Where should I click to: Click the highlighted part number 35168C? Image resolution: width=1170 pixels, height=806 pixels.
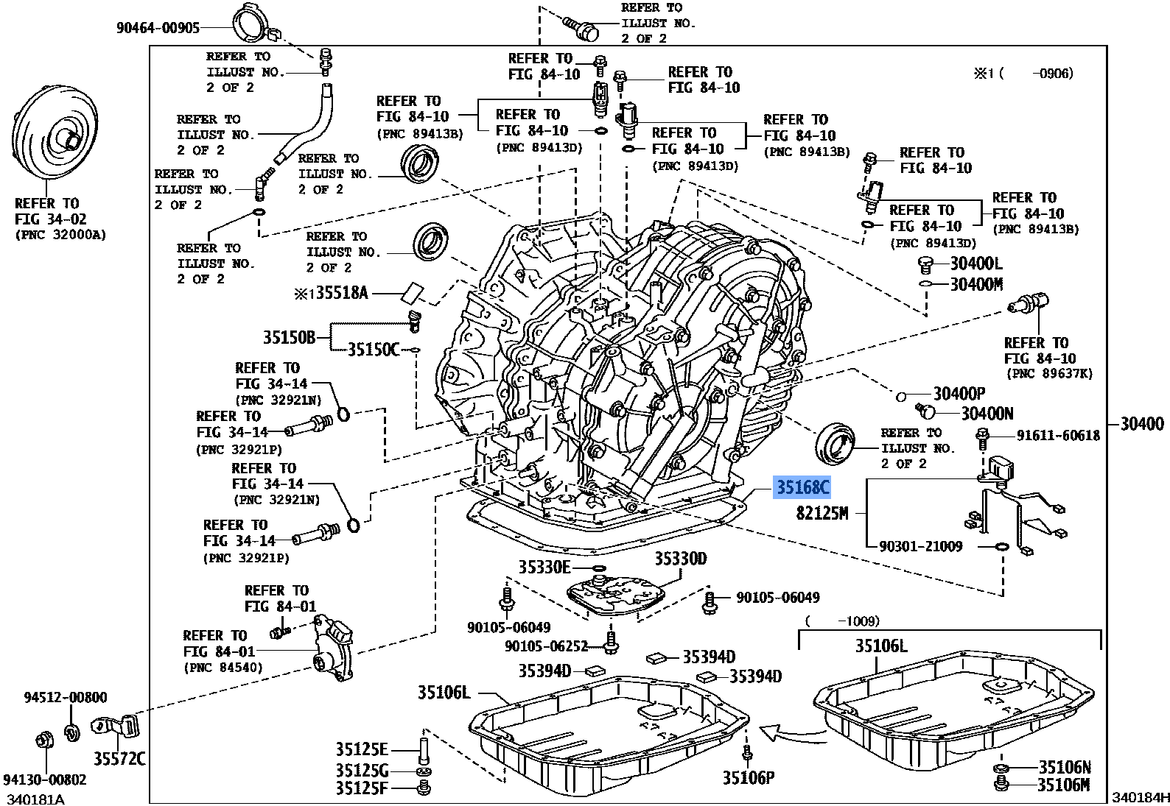click(x=801, y=487)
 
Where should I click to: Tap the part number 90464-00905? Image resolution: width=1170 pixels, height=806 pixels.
click(x=158, y=28)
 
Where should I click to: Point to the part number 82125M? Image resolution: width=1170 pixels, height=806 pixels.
click(x=822, y=513)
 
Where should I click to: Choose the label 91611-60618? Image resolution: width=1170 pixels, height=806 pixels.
click(x=1058, y=436)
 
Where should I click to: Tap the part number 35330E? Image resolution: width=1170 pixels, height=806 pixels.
click(x=544, y=567)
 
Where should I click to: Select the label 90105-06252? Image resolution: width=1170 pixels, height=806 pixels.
click(x=546, y=646)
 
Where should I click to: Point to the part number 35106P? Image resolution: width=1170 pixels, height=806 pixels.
click(x=748, y=778)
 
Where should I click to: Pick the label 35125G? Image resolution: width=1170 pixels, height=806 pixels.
click(x=361, y=770)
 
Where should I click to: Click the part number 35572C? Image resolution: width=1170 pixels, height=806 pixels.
click(x=119, y=759)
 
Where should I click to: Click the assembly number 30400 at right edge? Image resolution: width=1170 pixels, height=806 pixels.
click(x=1142, y=423)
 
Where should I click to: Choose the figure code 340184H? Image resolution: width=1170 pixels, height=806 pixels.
click(x=1140, y=797)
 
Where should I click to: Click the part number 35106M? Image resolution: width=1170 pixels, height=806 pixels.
click(x=1062, y=785)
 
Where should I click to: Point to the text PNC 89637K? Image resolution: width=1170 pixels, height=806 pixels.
click(x=1048, y=374)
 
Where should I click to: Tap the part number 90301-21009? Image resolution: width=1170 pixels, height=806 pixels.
click(x=921, y=547)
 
